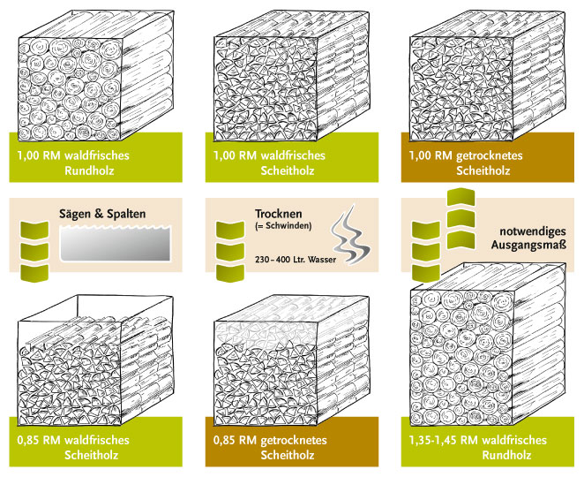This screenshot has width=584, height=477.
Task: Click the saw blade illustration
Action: coord(116,243)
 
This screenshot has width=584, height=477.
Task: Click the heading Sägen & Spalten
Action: coord(102,214)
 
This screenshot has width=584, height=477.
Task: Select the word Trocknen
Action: coord(279,214)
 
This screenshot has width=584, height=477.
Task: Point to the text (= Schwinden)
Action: coord(283,226)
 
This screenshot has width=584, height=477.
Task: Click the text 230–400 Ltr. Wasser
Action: coord(296,259)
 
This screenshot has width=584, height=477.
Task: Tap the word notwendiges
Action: coord(533,231)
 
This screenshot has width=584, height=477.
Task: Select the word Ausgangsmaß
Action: coord(528,245)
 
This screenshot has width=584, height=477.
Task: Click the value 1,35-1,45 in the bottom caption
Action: coord(433,440)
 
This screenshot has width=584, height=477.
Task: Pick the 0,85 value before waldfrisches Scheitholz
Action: coord(28,440)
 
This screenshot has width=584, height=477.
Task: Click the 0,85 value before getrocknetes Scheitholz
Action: coord(224,440)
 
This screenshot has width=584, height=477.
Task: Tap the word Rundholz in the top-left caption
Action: coord(89,170)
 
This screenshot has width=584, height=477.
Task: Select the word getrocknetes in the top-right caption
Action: coord(490,155)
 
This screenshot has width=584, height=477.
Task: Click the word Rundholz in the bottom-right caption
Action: coord(506,455)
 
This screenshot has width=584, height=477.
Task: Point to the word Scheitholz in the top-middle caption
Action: coord(288,170)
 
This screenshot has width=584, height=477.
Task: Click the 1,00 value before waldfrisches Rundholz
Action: coord(28,155)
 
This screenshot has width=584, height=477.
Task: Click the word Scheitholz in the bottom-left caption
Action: coord(92,455)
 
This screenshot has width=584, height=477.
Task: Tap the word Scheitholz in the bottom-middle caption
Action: coord(288,455)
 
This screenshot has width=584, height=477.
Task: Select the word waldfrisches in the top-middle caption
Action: coord(293,155)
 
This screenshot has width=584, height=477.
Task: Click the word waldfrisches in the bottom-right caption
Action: coord(514,440)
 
